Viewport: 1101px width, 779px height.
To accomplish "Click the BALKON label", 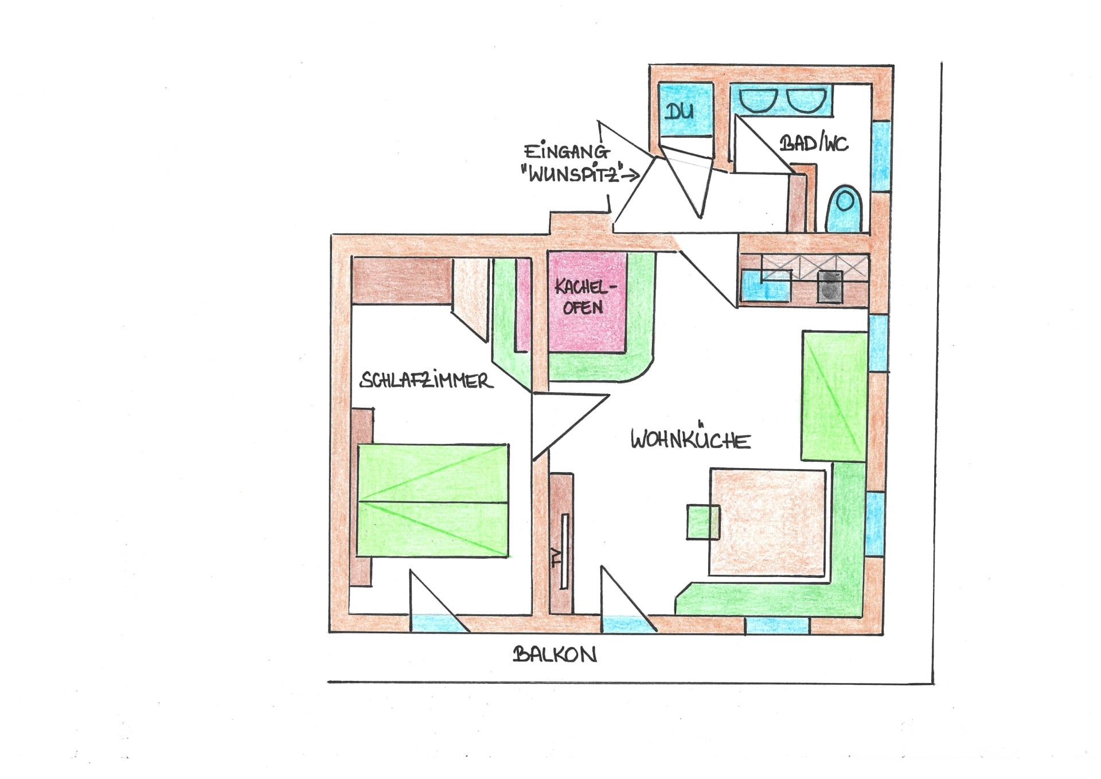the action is click(555, 654).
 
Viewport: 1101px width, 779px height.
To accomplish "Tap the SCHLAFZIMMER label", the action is click(426, 380).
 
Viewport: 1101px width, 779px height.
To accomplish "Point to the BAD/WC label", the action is click(814, 143).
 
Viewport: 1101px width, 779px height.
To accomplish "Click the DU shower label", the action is click(680, 110).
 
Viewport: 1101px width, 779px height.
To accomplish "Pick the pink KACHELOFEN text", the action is click(584, 297).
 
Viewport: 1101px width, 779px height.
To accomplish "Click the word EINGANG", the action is click(567, 151).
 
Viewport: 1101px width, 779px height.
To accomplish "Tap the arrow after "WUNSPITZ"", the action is click(630, 175).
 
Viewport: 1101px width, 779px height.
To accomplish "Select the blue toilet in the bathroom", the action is click(844, 208).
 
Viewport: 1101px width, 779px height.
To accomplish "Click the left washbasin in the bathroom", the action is click(758, 101).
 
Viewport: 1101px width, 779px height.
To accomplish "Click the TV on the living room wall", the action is click(564, 551).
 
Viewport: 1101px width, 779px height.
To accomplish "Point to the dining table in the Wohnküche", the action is click(768, 522).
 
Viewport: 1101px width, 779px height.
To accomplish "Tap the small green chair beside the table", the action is click(703, 521).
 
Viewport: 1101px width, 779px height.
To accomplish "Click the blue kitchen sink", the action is click(766, 285).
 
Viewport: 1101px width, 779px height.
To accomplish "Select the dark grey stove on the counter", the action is click(830, 286).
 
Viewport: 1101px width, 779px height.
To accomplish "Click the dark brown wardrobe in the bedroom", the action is click(401, 281).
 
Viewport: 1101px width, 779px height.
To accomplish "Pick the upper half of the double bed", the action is click(433, 473).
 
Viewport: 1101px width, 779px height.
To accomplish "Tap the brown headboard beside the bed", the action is click(361, 497).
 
